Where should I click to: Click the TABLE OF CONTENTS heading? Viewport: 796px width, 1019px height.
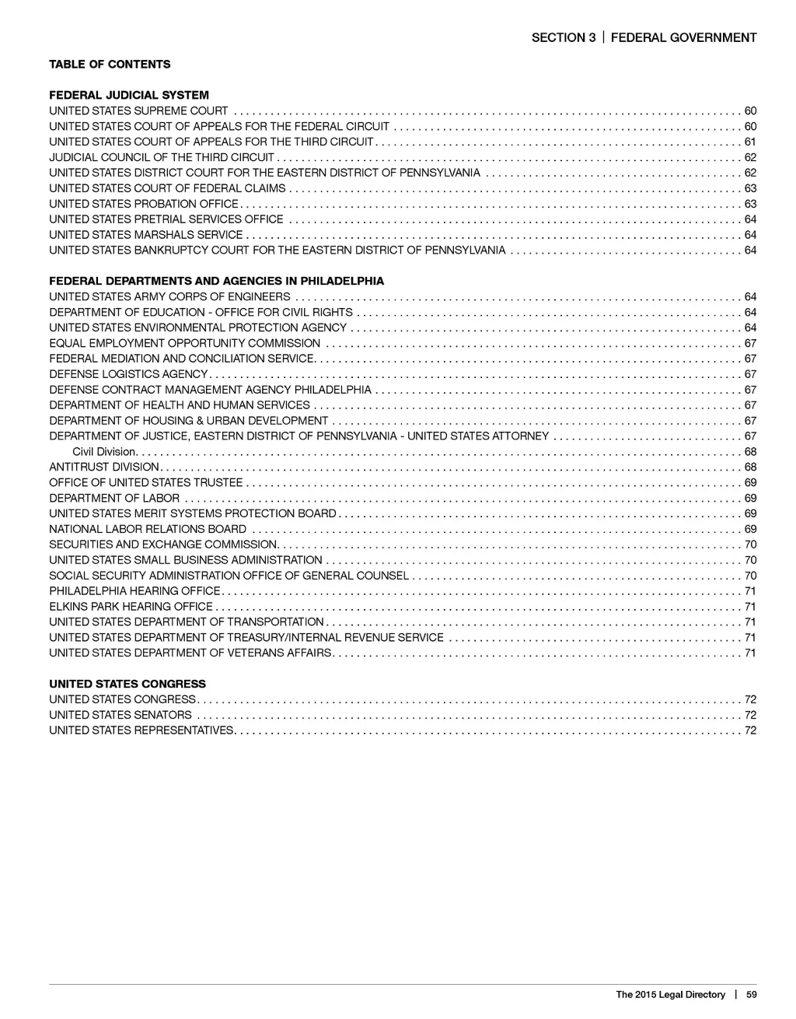(110, 64)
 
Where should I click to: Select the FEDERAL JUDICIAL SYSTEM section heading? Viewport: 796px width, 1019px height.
(129, 95)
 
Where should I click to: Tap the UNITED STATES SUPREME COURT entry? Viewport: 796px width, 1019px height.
(138, 110)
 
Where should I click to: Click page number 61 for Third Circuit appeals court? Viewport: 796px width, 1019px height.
(750, 142)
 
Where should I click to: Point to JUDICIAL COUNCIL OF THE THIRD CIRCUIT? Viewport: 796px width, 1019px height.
(162, 157)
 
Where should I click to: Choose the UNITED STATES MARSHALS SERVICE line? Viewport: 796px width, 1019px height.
(146, 234)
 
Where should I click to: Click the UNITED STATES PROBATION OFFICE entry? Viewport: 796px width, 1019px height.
(144, 204)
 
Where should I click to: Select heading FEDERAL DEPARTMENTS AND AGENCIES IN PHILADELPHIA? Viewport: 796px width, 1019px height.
(216, 281)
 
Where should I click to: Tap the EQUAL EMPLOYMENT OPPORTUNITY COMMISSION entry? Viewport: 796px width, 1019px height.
(185, 343)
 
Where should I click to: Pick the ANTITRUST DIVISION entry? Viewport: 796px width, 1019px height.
(103, 467)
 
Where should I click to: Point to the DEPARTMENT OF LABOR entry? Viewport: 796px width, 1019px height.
(114, 498)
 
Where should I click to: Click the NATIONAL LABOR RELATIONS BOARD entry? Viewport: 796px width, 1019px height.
(148, 529)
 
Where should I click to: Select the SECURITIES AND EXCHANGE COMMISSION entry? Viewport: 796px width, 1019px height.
(163, 545)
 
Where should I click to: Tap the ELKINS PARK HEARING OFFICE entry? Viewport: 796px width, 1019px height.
(131, 606)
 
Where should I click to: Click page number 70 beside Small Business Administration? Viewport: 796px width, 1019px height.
(750, 560)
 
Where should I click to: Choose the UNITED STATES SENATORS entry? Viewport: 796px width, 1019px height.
(120, 715)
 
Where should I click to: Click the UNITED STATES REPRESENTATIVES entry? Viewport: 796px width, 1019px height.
(141, 730)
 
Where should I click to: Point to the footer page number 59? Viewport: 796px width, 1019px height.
(750, 994)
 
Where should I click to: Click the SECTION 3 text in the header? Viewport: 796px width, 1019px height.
(558, 37)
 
